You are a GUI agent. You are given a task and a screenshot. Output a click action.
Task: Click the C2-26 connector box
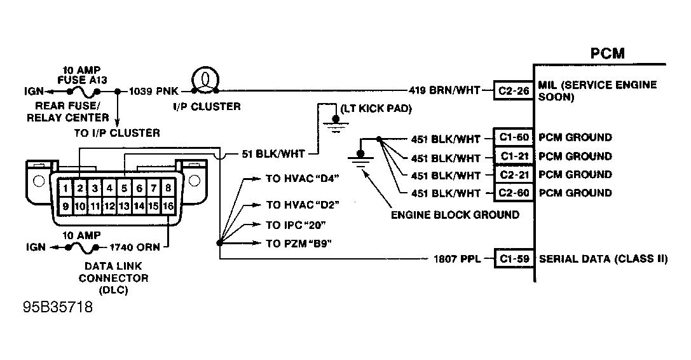[514, 91]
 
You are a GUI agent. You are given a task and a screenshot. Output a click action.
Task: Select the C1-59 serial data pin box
[514, 259]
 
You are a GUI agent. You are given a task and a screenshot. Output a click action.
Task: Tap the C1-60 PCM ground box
[514, 137]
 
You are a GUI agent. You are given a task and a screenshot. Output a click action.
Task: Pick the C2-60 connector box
[514, 193]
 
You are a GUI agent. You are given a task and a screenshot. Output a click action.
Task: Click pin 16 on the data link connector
[168, 206]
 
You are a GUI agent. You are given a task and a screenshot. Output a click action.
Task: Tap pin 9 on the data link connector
[65, 206]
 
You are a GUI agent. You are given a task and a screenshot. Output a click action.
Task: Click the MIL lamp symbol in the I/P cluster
[205, 80]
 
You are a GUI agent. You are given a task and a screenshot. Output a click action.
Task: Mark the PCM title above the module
[607, 53]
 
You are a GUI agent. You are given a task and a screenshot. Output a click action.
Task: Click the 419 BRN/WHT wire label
[444, 90]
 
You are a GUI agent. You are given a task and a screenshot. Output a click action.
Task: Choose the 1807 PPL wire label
[457, 259]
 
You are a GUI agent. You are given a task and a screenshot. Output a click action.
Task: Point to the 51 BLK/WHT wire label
[273, 154]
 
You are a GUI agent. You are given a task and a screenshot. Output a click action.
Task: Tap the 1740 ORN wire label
[134, 247]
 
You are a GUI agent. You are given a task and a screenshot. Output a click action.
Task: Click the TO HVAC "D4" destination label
[303, 179]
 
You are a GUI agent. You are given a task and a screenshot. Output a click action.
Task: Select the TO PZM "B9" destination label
[299, 244]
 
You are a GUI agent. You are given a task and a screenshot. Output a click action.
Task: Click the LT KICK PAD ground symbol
[336, 124]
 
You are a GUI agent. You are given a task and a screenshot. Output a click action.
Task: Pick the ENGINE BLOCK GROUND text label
[455, 215]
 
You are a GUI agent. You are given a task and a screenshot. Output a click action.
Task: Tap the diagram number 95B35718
[58, 307]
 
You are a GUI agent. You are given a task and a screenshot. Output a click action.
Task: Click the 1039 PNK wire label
[154, 92]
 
